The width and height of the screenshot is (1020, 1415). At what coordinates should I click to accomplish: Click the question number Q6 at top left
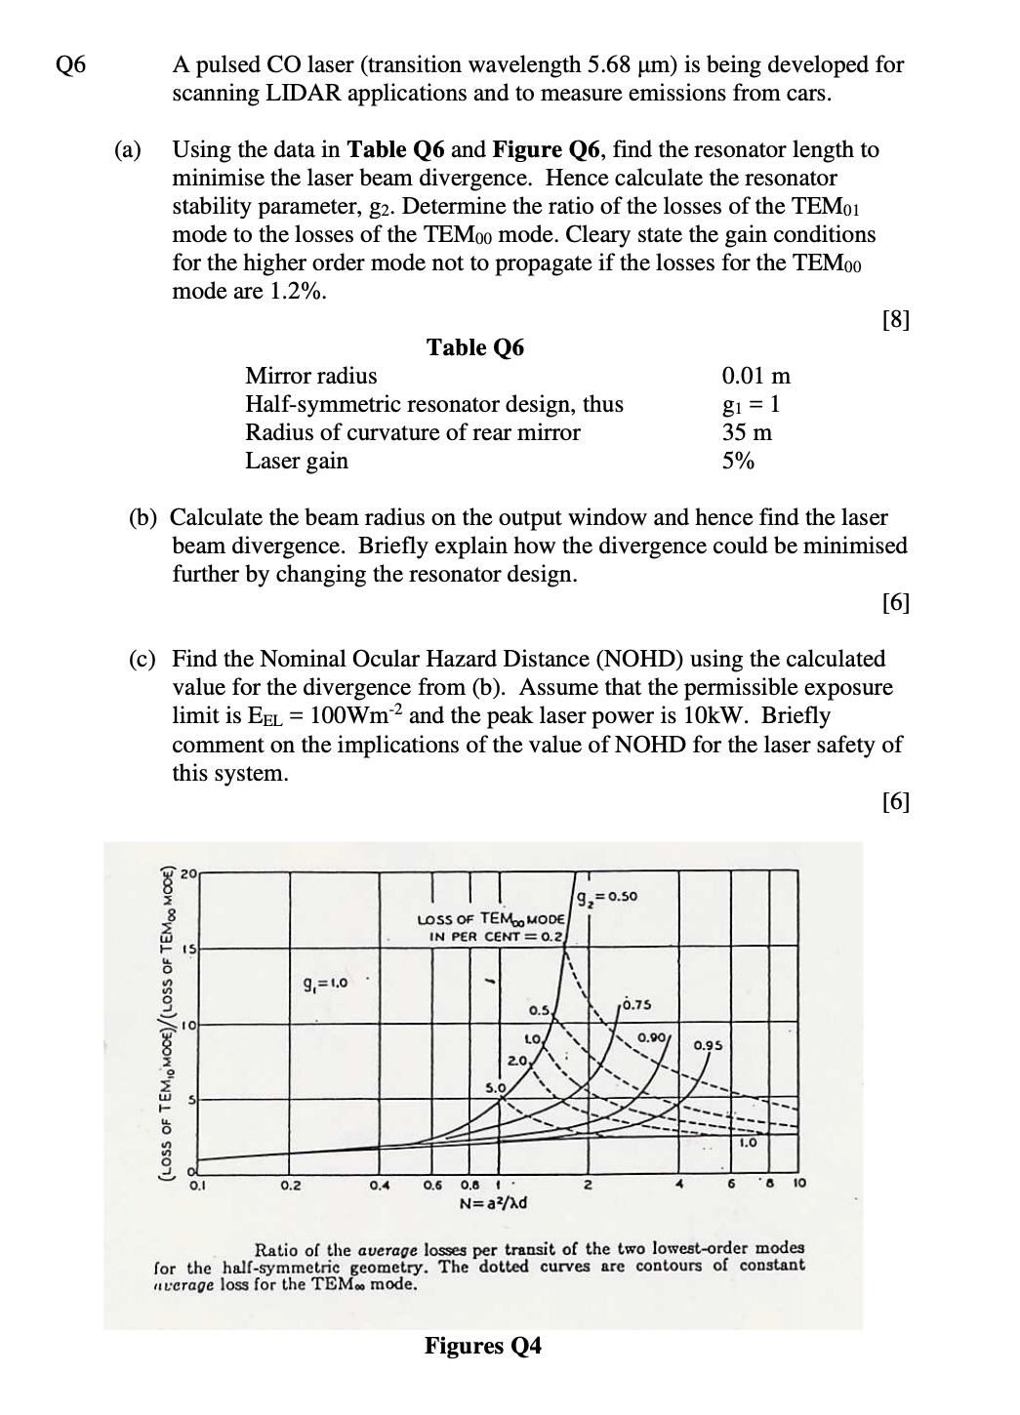point(71,65)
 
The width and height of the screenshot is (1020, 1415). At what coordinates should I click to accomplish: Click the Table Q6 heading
point(474,347)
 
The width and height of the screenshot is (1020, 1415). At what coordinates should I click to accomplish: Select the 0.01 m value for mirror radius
point(755,376)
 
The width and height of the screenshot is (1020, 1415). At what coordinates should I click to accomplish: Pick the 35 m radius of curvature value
point(747,432)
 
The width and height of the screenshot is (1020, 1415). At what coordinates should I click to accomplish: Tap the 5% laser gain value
point(738,461)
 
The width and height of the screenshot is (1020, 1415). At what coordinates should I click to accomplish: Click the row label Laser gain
point(296,461)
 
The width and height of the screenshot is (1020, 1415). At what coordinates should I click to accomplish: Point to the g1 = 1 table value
point(750,404)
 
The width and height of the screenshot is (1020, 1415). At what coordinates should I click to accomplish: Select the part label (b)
point(143,517)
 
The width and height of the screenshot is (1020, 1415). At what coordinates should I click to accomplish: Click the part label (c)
point(143,660)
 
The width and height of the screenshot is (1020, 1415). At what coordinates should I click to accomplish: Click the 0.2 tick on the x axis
point(291,1187)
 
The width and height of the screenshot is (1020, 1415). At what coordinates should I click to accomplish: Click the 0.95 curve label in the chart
point(708,1045)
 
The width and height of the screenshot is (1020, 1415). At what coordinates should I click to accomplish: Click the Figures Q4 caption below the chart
point(482,1346)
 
